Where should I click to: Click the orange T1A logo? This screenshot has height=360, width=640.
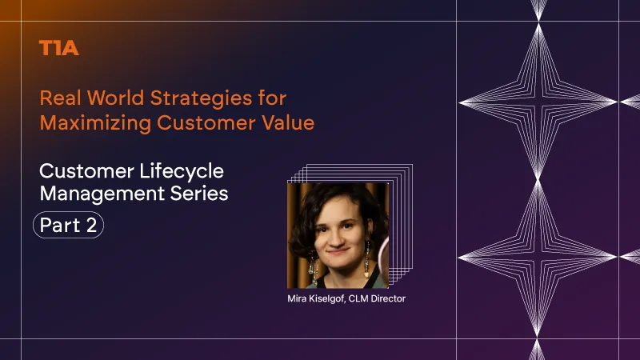pos(58,48)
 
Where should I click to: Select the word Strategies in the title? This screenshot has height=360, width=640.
pos(201,99)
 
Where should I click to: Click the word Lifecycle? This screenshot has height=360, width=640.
pos(182,172)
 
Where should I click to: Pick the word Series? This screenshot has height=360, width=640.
pos(199,193)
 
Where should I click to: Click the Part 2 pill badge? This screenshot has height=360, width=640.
pos(68,225)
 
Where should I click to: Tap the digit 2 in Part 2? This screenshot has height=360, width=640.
pos(91,225)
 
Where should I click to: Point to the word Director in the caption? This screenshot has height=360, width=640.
pos(388,298)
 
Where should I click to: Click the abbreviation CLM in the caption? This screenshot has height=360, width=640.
pos(358,298)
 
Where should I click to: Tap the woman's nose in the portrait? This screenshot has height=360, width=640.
pos(337,238)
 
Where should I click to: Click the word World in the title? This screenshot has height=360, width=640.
pos(115,98)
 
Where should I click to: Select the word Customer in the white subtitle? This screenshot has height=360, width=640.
pos(87,171)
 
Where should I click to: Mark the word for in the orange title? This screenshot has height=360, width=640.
pos(272,98)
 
